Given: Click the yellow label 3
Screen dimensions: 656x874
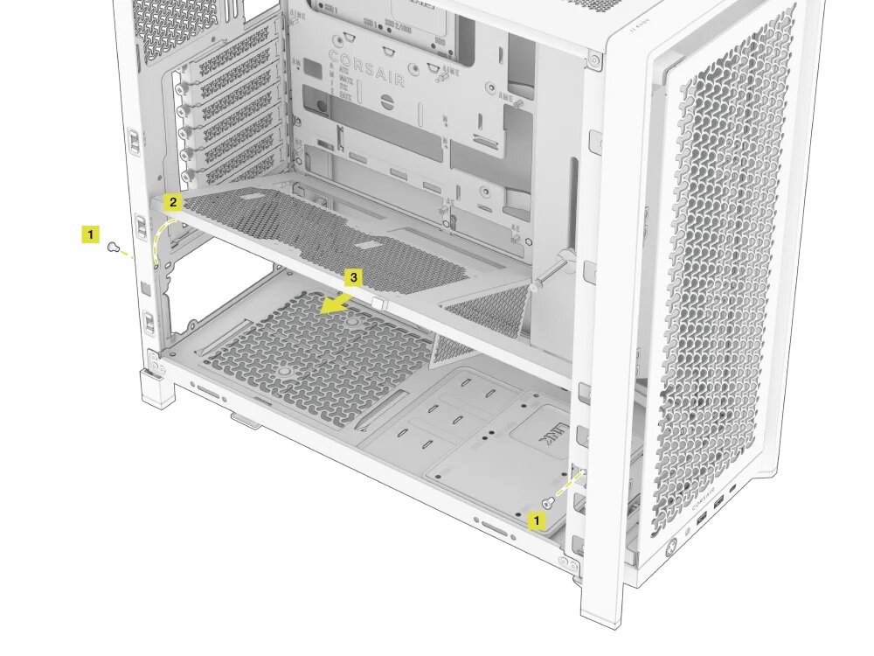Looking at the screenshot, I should (x=353, y=278).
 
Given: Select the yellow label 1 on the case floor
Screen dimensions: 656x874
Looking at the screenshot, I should (x=537, y=520).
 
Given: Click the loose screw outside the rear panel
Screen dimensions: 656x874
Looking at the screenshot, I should (x=113, y=248).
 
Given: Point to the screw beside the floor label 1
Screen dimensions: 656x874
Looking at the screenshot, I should (x=548, y=503).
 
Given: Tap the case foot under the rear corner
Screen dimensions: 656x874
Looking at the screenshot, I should (x=157, y=387).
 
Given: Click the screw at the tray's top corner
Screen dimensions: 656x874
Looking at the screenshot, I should (x=594, y=61).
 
